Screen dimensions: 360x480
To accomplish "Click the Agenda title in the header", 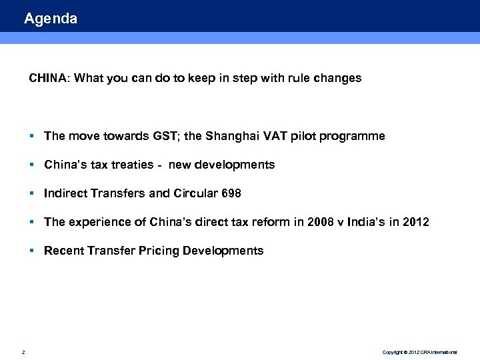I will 51,19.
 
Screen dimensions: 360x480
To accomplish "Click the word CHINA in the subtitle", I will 47,78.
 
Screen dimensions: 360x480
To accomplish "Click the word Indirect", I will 65,193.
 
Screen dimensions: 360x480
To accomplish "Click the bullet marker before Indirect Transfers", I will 32,193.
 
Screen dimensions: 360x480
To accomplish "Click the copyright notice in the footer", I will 419,352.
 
